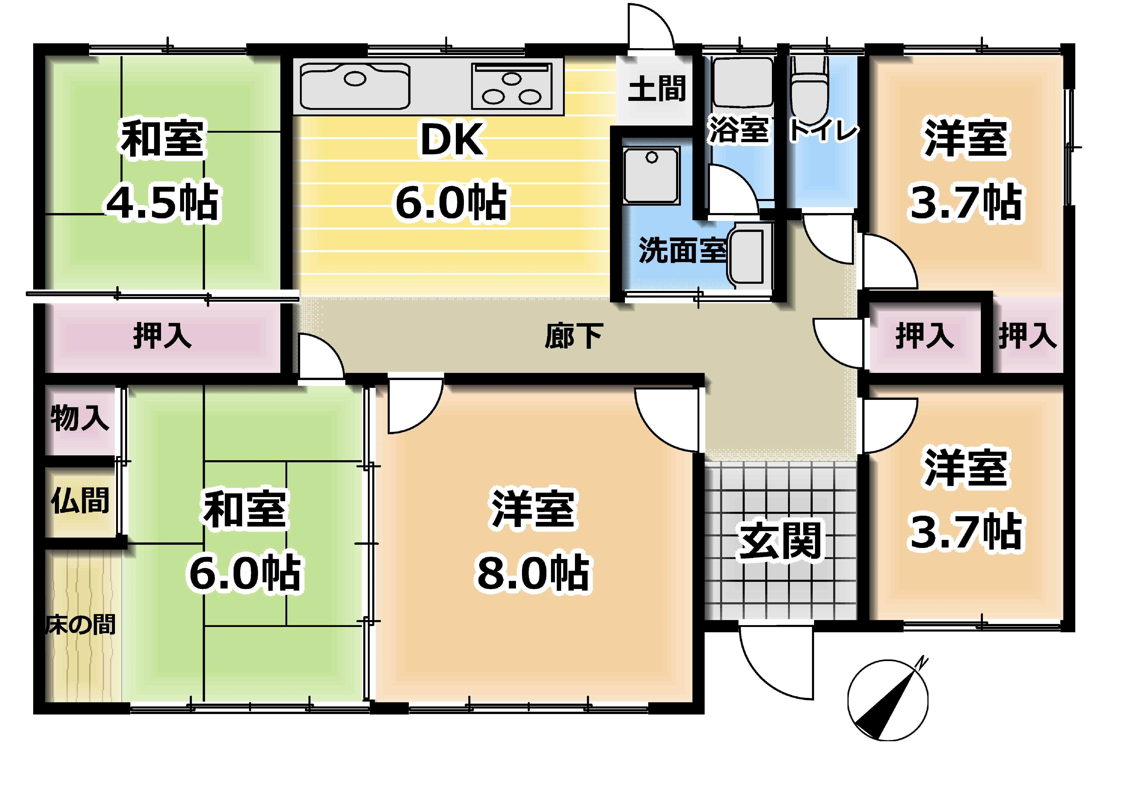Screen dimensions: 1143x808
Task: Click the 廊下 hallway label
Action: [574, 336]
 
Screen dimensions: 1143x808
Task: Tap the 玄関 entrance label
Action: [780, 541]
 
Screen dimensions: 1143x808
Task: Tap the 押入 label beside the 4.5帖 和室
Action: [162, 336]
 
